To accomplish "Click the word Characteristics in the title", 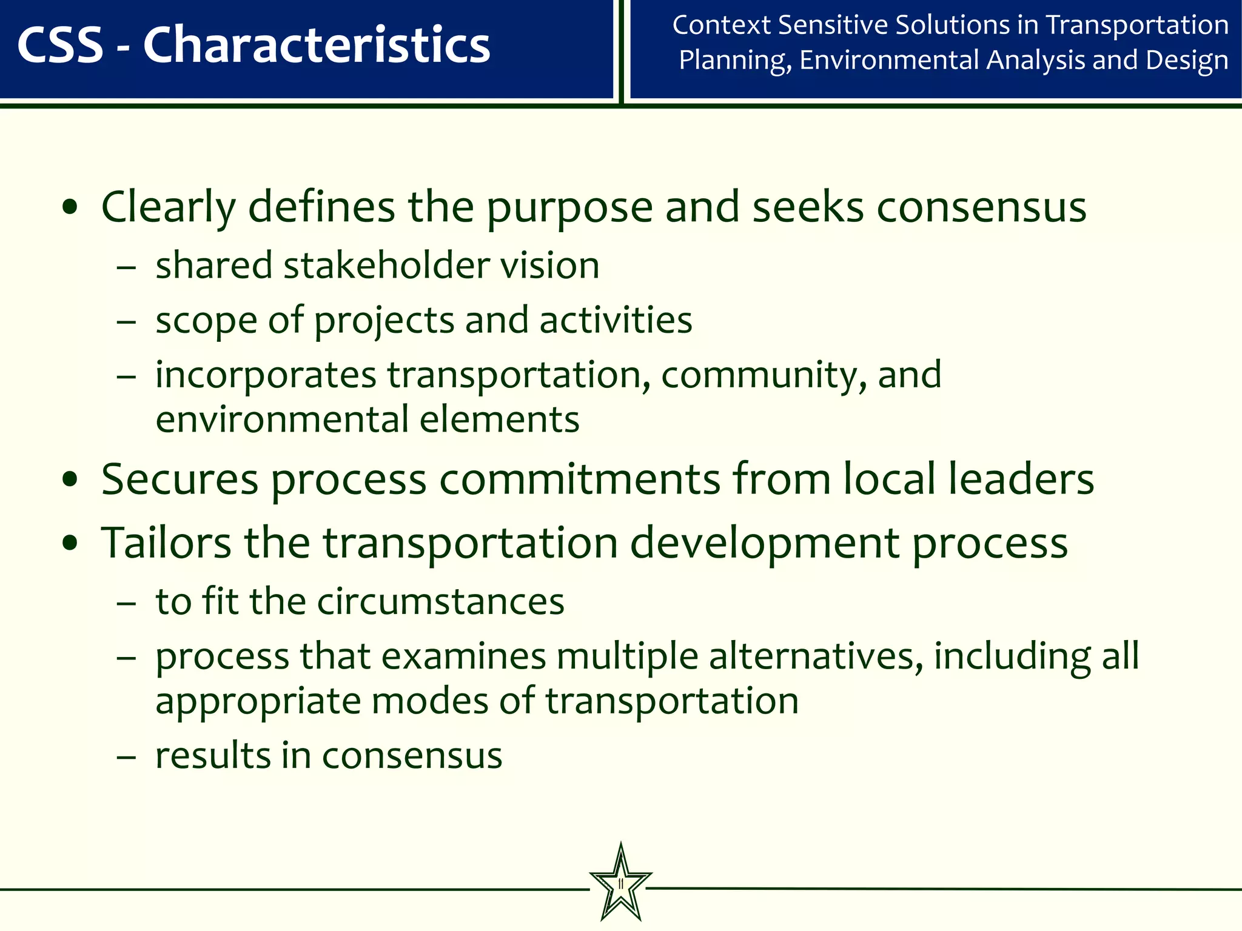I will (x=316, y=45).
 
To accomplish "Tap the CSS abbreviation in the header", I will (x=61, y=45).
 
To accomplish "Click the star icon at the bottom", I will (x=620, y=883).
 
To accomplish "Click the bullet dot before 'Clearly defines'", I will (x=70, y=207).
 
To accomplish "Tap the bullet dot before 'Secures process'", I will (x=70, y=479).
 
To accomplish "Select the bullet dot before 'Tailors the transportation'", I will (x=70, y=542).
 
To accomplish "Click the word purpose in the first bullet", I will (x=569, y=207).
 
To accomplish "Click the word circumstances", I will (x=440, y=602).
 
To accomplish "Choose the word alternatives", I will (x=816, y=656).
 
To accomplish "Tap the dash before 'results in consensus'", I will (x=126, y=757).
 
